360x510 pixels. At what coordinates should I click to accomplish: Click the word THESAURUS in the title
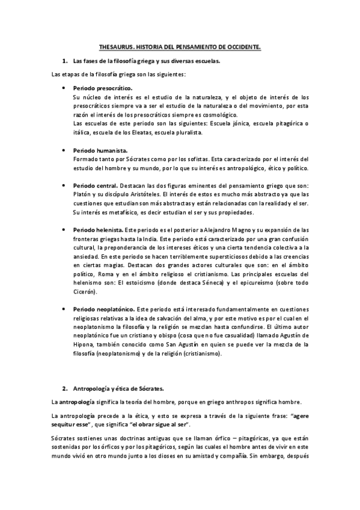(114, 47)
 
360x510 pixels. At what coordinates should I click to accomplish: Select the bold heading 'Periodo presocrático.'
(96, 88)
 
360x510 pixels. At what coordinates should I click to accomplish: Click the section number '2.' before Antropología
(64, 388)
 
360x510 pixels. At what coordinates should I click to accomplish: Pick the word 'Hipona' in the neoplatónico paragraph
(84, 345)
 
